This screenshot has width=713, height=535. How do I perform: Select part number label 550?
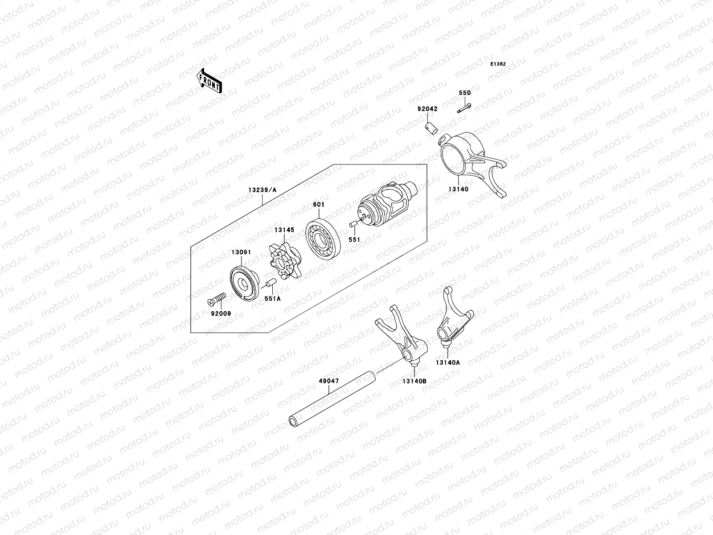click(465, 93)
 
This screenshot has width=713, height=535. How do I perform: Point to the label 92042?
click(427, 108)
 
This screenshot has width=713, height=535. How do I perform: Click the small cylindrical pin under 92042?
click(430, 128)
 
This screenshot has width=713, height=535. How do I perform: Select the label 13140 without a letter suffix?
click(459, 189)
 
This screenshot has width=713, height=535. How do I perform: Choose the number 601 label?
click(319, 205)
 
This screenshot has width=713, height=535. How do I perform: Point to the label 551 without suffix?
click(354, 239)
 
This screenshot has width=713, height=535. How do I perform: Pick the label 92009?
click(221, 313)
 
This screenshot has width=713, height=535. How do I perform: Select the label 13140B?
click(414, 381)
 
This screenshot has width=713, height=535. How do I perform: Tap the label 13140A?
click(448, 362)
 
